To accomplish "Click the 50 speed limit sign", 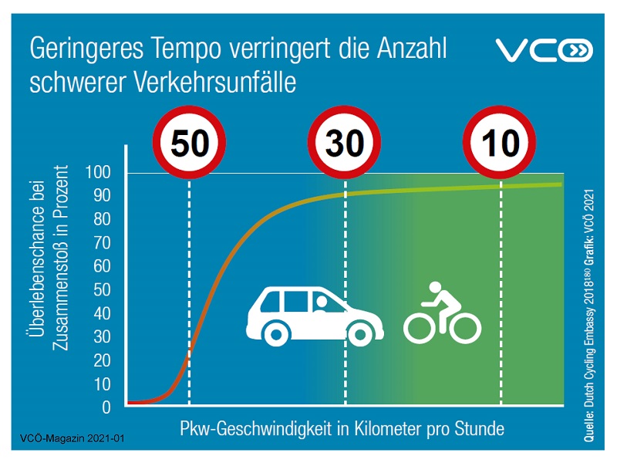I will tap(189, 144).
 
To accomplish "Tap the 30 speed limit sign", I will tap(344, 144).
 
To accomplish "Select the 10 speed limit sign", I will tap(501, 144).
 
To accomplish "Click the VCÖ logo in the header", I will tap(543, 51).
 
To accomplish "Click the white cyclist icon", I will tap(442, 313).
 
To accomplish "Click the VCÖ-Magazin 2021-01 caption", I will tap(68, 439).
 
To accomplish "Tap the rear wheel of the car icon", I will tap(276, 333).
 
